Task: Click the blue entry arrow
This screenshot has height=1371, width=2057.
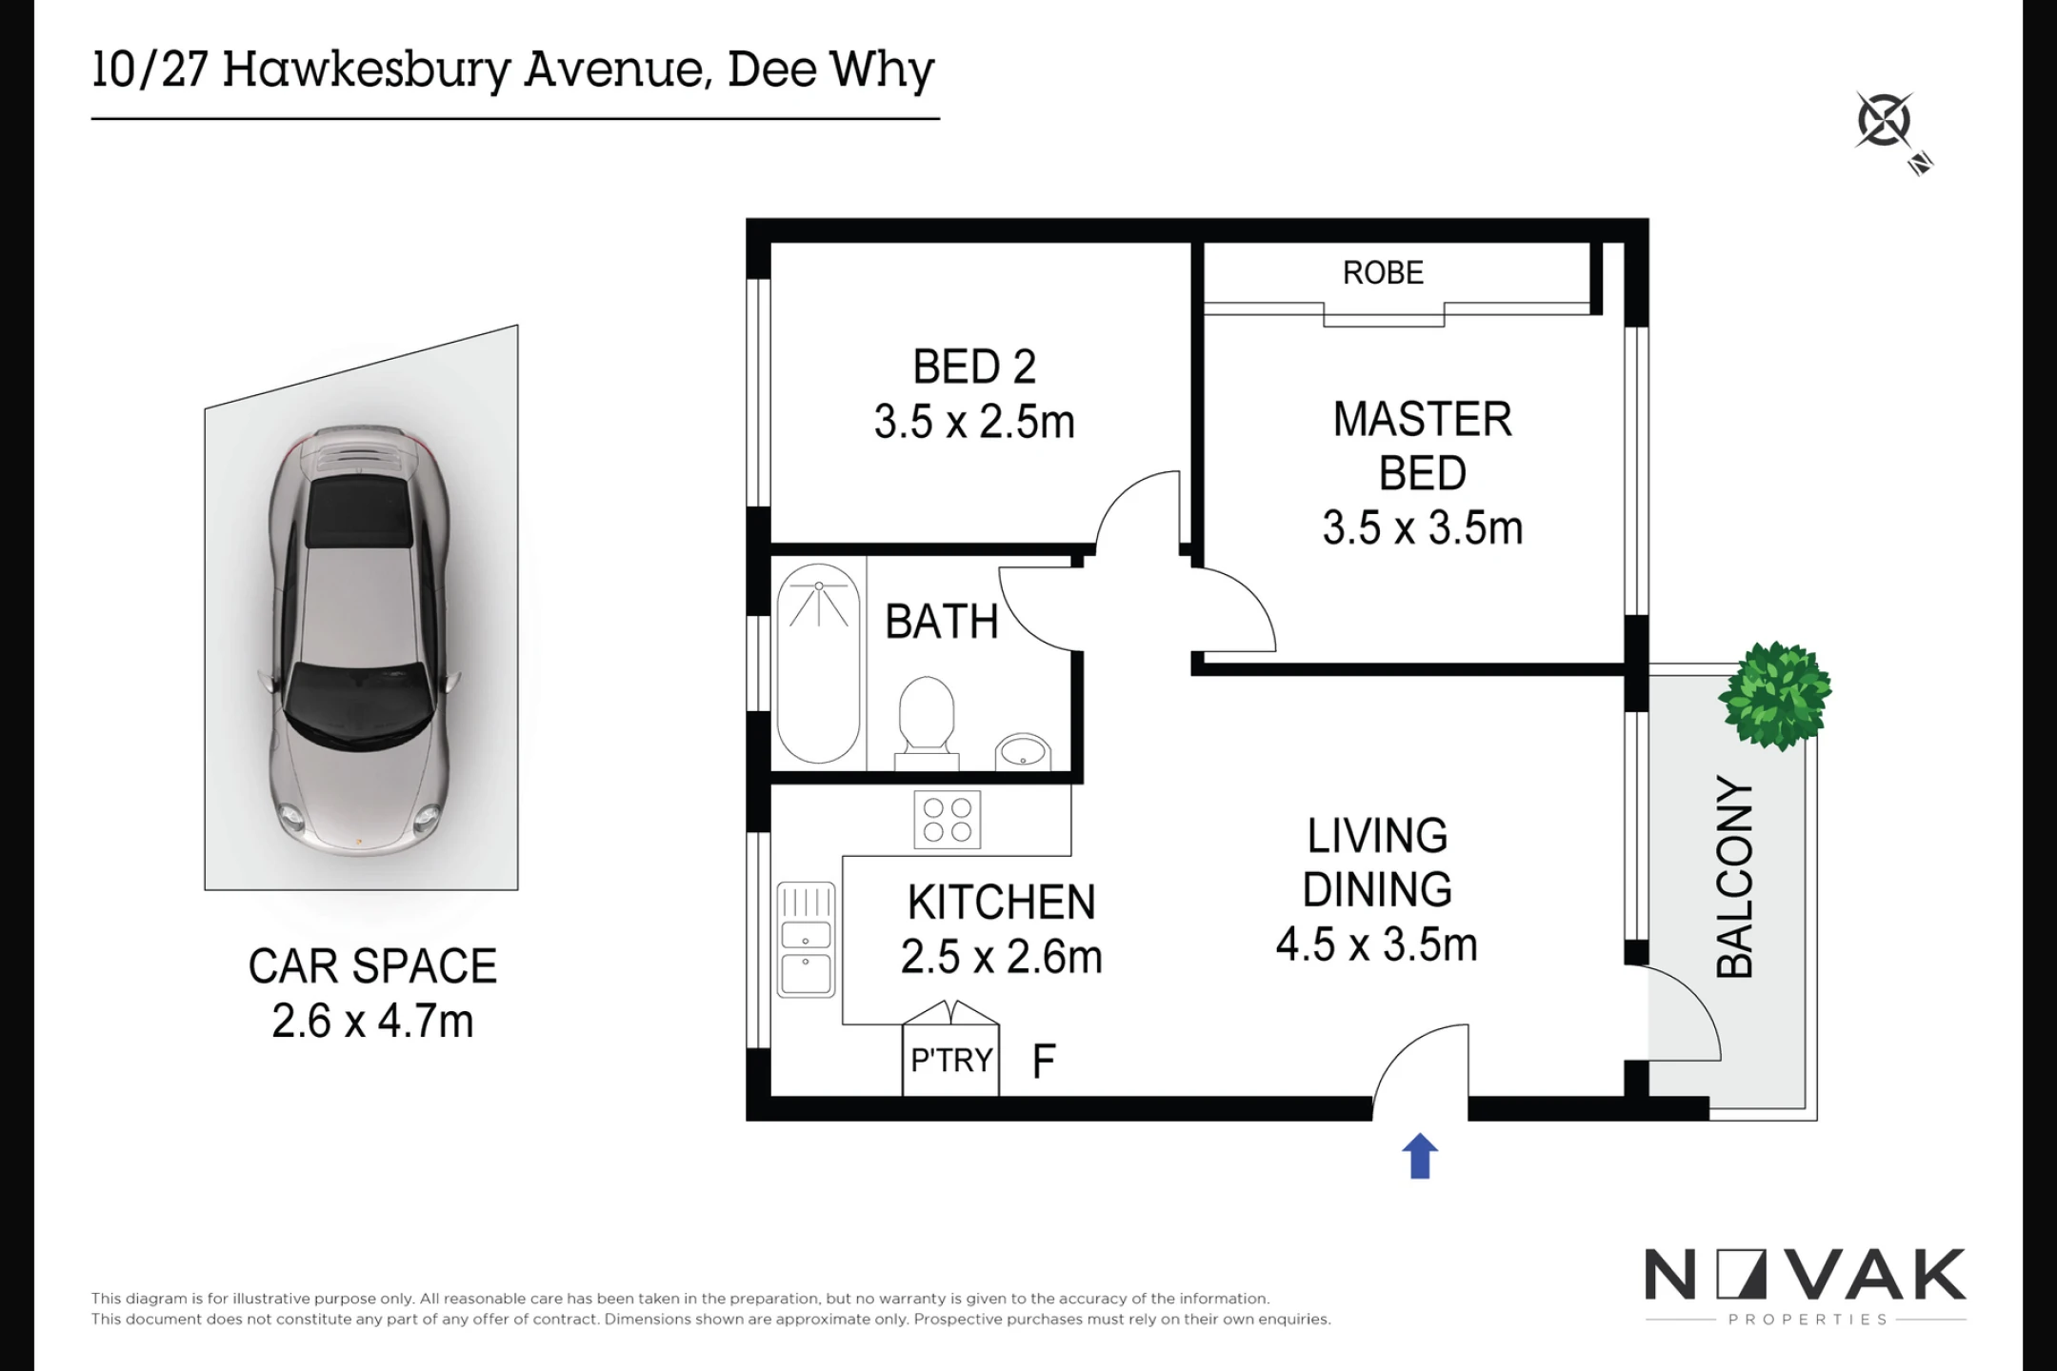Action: (1419, 1156)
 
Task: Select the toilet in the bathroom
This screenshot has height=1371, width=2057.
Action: (926, 723)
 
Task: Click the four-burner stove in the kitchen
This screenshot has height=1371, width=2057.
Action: (948, 820)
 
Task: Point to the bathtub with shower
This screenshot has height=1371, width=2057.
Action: (819, 664)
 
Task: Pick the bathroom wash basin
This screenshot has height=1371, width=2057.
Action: (1023, 751)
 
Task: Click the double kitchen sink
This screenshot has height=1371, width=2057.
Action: (806, 940)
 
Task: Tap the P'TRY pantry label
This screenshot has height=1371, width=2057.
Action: (951, 1060)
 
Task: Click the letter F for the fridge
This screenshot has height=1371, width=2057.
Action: (1044, 1061)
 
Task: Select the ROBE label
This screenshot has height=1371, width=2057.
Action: (1383, 273)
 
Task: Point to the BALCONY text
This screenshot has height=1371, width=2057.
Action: (1734, 877)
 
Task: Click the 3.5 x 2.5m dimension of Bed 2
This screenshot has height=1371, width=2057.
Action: (974, 422)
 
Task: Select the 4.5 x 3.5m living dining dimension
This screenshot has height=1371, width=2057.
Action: (1377, 944)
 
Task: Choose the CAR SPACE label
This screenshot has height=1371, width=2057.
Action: (372, 966)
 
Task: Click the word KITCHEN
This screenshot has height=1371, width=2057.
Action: (1001, 903)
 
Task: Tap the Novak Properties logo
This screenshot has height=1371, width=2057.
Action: (1806, 1285)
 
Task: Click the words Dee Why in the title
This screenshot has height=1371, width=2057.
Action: (830, 70)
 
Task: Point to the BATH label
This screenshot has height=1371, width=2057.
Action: (942, 623)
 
